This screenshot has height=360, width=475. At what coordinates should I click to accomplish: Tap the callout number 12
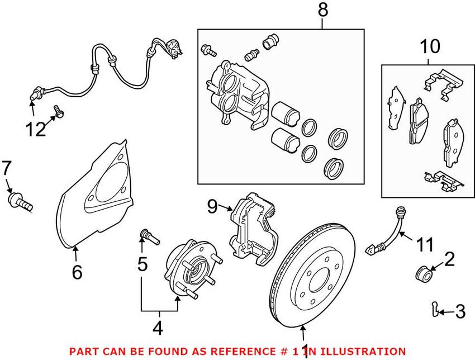coord(35,130)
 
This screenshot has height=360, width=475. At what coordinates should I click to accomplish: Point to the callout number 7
coord(6,167)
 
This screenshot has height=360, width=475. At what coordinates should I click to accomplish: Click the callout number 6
coord(77,272)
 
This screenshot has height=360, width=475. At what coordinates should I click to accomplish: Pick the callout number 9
coord(211,207)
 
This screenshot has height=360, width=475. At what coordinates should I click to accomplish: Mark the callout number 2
coord(449,259)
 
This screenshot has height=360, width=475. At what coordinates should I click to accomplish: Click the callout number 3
coord(460,312)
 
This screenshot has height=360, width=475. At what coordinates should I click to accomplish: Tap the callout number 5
coord(143,264)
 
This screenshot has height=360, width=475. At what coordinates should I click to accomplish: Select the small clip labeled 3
coord(436,307)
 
